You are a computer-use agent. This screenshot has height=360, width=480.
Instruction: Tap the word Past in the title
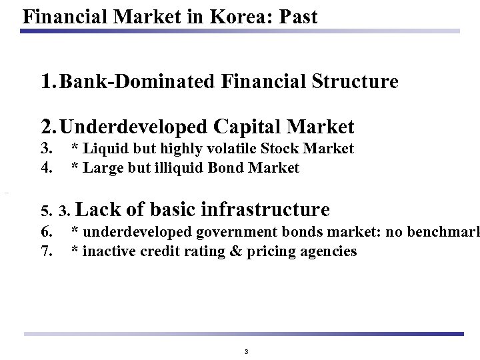pos(298,15)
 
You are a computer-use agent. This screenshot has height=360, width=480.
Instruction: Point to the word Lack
pos(100,210)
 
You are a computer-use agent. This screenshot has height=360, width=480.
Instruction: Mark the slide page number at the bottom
pos(246,351)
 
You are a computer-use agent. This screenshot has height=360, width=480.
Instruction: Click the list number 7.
pos(47,251)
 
